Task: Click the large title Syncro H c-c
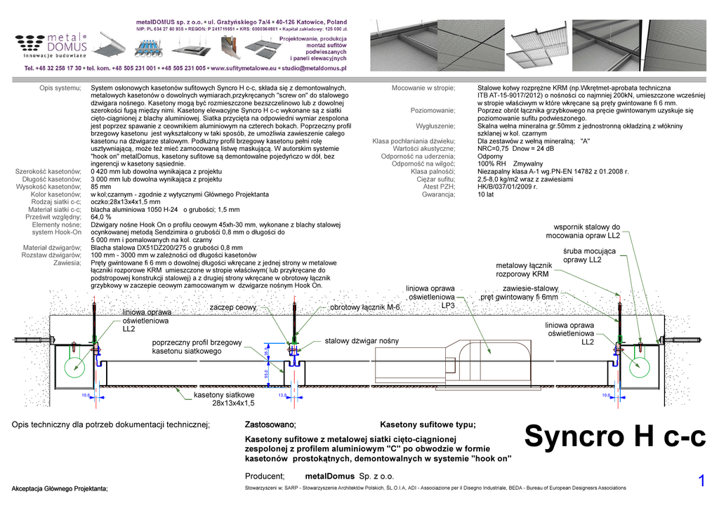(614, 437)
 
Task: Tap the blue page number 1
(701, 481)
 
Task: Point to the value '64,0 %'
(102, 218)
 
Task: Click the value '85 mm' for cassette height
(101, 187)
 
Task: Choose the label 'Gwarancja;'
(438, 194)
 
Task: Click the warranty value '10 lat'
(485, 194)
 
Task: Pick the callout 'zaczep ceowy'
(233, 307)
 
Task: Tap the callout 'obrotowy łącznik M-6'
(364, 307)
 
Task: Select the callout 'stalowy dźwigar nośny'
(362, 341)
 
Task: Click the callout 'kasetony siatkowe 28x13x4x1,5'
(223, 399)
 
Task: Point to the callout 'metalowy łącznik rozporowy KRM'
(524, 270)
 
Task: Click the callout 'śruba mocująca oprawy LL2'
(583, 255)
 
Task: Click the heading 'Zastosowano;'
(270, 425)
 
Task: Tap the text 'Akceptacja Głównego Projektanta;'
(60, 488)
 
